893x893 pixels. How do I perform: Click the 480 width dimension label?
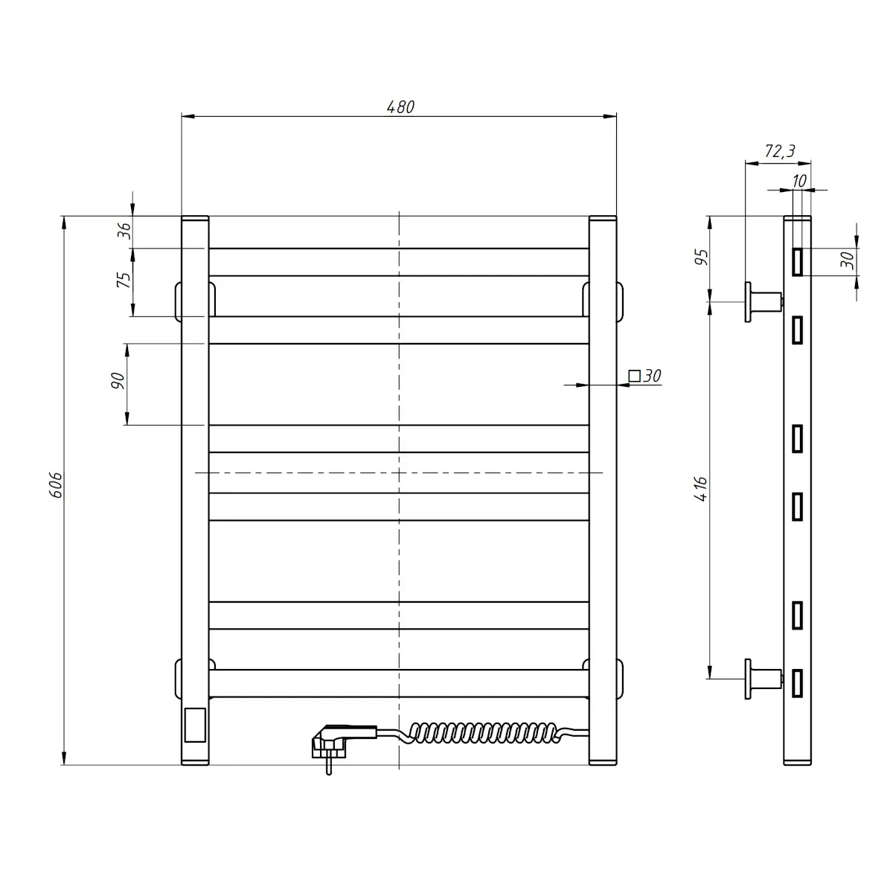[400, 107]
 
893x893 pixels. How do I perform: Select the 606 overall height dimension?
[56, 485]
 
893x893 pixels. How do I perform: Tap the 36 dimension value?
[124, 231]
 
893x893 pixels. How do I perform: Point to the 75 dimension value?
[124, 280]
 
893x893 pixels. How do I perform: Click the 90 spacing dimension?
[118, 380]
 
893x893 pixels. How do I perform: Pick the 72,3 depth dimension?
[780, 151]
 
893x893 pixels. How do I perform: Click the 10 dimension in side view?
[799, 181]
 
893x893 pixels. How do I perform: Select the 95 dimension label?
[702, 257]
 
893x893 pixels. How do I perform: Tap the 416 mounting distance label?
[701, 488]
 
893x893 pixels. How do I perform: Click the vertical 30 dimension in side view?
[847, 260]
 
